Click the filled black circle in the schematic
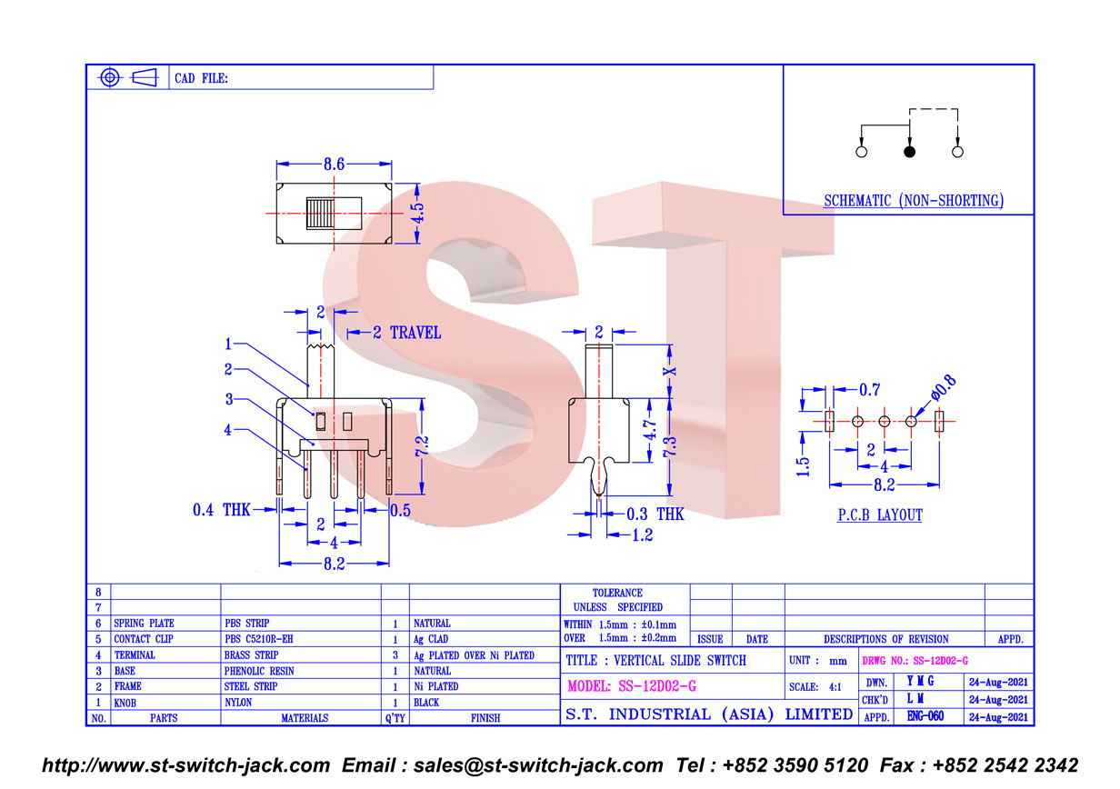909,152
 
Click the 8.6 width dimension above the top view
334,164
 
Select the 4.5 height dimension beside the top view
418,212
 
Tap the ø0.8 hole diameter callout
944,388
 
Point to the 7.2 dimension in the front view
422,445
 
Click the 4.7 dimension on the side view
649,430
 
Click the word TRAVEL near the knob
415,333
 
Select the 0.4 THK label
222,510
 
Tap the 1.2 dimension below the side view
643,535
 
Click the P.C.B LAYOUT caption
880,515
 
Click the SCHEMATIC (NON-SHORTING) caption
914,201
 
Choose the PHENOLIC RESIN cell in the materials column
259,671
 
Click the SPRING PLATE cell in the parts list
144,624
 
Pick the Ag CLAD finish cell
431,639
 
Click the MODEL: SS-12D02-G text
632,686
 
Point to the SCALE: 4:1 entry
815,687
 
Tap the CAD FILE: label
201,78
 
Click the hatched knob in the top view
320,214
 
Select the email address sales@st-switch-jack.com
538,765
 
